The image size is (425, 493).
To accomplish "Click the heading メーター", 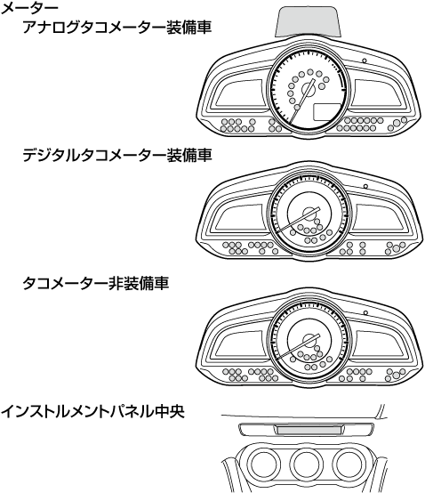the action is [29, 8].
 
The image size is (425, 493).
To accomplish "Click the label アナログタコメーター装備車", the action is [116, 28].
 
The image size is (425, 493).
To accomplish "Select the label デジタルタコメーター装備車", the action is [116, 156].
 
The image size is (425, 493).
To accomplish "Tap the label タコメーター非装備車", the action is [95, 283].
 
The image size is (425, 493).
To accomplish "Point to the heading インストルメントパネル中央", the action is [92, 411].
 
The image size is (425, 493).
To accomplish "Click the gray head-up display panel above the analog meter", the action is [308, 21].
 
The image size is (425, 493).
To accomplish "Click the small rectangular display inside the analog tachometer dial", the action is [326, 112].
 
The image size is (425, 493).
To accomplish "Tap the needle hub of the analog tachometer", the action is [309, 90].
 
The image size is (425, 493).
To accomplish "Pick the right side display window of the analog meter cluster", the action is [377, 93].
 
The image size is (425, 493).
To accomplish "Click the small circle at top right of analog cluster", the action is [365, 61].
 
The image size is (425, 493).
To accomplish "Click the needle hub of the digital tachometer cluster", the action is [309, 214].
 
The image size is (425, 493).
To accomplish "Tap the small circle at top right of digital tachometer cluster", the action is [365, 186].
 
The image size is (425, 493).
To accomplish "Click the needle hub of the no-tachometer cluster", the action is [309, 340].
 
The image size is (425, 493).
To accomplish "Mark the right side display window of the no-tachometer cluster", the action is [378, 343].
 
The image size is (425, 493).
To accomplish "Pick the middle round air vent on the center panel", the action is [306, 464].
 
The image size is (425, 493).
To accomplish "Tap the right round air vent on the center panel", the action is [349, 464].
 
